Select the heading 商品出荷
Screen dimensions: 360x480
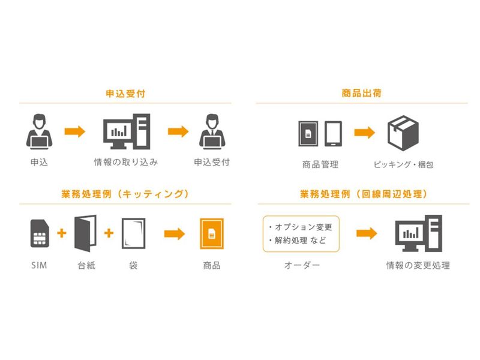pyautogui.click(x=362, y=94)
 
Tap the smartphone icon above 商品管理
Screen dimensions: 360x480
pyautogui.click(x=333, y=133)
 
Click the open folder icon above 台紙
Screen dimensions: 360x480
pyautogui.click(x=85, y=233)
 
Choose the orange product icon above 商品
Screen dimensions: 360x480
pyautogui.click(x=211, y=233)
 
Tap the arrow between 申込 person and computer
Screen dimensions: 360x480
pyautogui.click(x=74, y=131)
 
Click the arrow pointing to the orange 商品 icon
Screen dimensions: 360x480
pyautogui.click(x=174, y=233)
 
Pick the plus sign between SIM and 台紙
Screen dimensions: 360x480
pyautogui.click(x=61, y=233)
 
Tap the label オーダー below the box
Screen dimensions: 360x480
pyautogui.click(x=301, y=265)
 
